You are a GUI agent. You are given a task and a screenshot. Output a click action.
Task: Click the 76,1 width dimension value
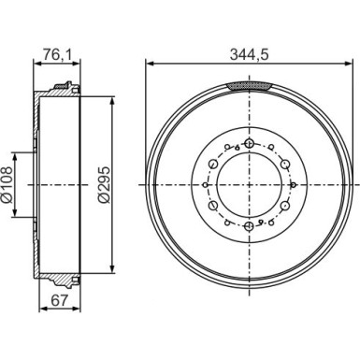(56, 54)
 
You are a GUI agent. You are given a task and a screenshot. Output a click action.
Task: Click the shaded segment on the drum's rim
(248, 85)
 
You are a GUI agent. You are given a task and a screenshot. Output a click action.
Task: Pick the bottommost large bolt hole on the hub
(248, 224)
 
